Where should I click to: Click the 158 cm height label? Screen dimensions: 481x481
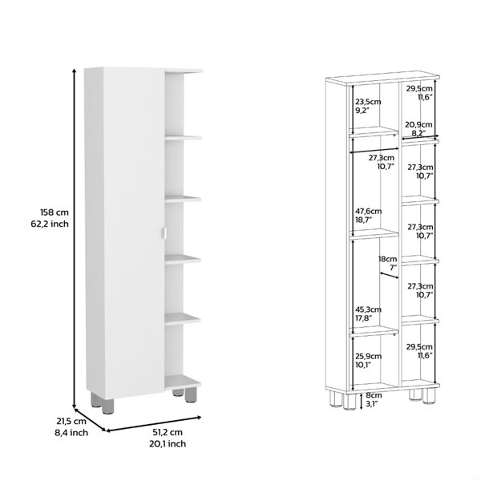coord(55,212)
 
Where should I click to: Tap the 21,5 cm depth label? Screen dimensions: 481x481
coord(71,421)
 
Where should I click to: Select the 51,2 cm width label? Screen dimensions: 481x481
coord(168,432)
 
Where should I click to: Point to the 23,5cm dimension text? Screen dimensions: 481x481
coord(368,102)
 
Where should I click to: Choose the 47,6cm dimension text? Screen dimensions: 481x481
coord(369,212)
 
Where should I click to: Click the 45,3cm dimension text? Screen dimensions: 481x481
coord(368,309)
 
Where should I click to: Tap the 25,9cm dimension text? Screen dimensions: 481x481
coord(369,357)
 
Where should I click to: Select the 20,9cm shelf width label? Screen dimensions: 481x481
coord(418,124)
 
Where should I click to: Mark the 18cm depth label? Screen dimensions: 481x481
coord(387,259)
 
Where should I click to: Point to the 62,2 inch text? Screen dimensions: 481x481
coord(50,224)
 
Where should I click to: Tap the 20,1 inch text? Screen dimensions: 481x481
coord(168,443)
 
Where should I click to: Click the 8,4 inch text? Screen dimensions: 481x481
coord(71,433)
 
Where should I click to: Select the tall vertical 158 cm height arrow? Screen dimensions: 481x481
coord(74,238)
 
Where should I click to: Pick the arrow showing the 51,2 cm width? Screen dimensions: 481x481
coord(153,423)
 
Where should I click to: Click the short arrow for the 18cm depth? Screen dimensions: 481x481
coord(390,275)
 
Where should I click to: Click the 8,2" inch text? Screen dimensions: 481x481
coord(418,133)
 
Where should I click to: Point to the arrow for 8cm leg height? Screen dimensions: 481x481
coord(361,401)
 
